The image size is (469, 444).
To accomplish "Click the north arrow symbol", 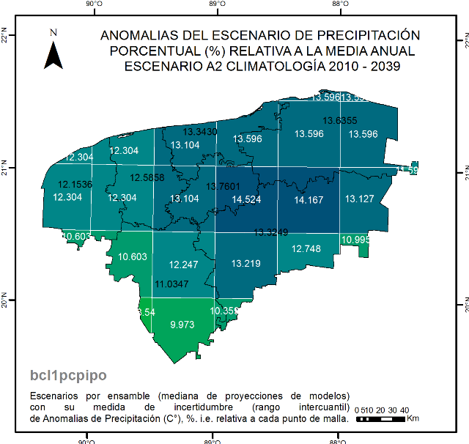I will (x=53, y=51).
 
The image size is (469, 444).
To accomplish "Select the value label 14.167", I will (x=309, y=199).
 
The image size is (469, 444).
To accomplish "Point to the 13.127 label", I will (x=360, y=199).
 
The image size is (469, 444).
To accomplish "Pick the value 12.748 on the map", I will (x=306, y=249).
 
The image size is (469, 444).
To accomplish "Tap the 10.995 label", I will (x=355, y=240).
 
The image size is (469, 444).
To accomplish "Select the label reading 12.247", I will (x=184, y=264).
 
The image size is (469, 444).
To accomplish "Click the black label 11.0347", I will (x=172, y=284).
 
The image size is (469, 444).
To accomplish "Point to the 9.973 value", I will (x=182, y=324).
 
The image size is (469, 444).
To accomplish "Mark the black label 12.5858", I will (x=147, y=177).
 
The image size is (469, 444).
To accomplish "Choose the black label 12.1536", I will (x=75, y=184).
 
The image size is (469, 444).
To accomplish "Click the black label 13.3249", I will (x=271, y=232).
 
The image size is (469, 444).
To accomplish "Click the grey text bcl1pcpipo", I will (x=68, y=375).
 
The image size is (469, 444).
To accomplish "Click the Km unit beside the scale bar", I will (x=413, y=419).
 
